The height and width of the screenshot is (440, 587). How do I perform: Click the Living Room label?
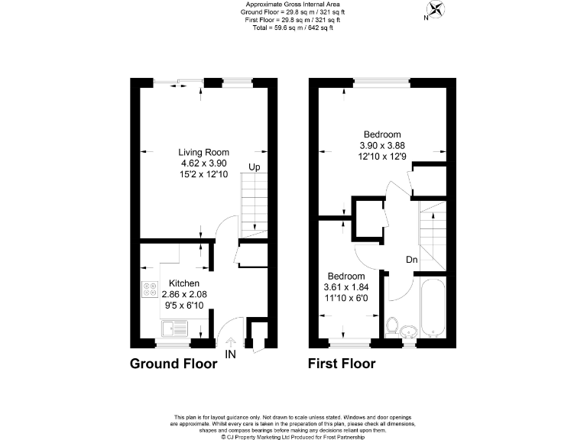(203, 152)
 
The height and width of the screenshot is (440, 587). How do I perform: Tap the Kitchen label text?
(183, 283)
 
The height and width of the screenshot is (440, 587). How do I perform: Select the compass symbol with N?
(436, 11)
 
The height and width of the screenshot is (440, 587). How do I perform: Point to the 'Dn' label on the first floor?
(411, 260)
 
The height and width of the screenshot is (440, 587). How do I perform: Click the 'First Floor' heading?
(342, 364)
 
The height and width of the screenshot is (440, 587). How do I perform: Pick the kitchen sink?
(175, 329)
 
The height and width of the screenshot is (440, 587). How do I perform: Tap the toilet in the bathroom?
(392, 326)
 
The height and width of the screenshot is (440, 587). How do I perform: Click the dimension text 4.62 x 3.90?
(203, 163)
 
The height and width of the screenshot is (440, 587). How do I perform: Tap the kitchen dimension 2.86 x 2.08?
(183, 295)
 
